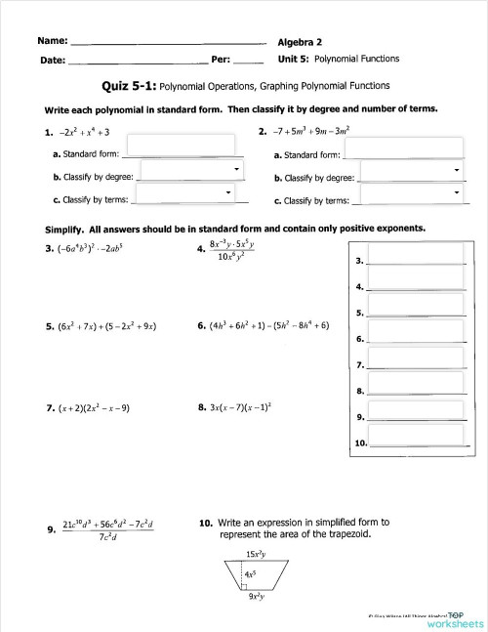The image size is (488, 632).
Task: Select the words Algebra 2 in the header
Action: pyautogui.click(x=301, y=42)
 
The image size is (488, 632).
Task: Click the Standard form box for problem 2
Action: pyautogui.click(x=403, y=148)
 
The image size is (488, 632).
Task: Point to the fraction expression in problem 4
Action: pyautogui.click(x=234, y=254)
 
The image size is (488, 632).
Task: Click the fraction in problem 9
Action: pyautogui.click(x=107, y=531)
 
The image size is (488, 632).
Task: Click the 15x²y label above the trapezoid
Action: pyautogui.click(x=258, y=555)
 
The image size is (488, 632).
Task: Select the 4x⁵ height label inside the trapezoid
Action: pyautogui.click(x=251, y=573)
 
